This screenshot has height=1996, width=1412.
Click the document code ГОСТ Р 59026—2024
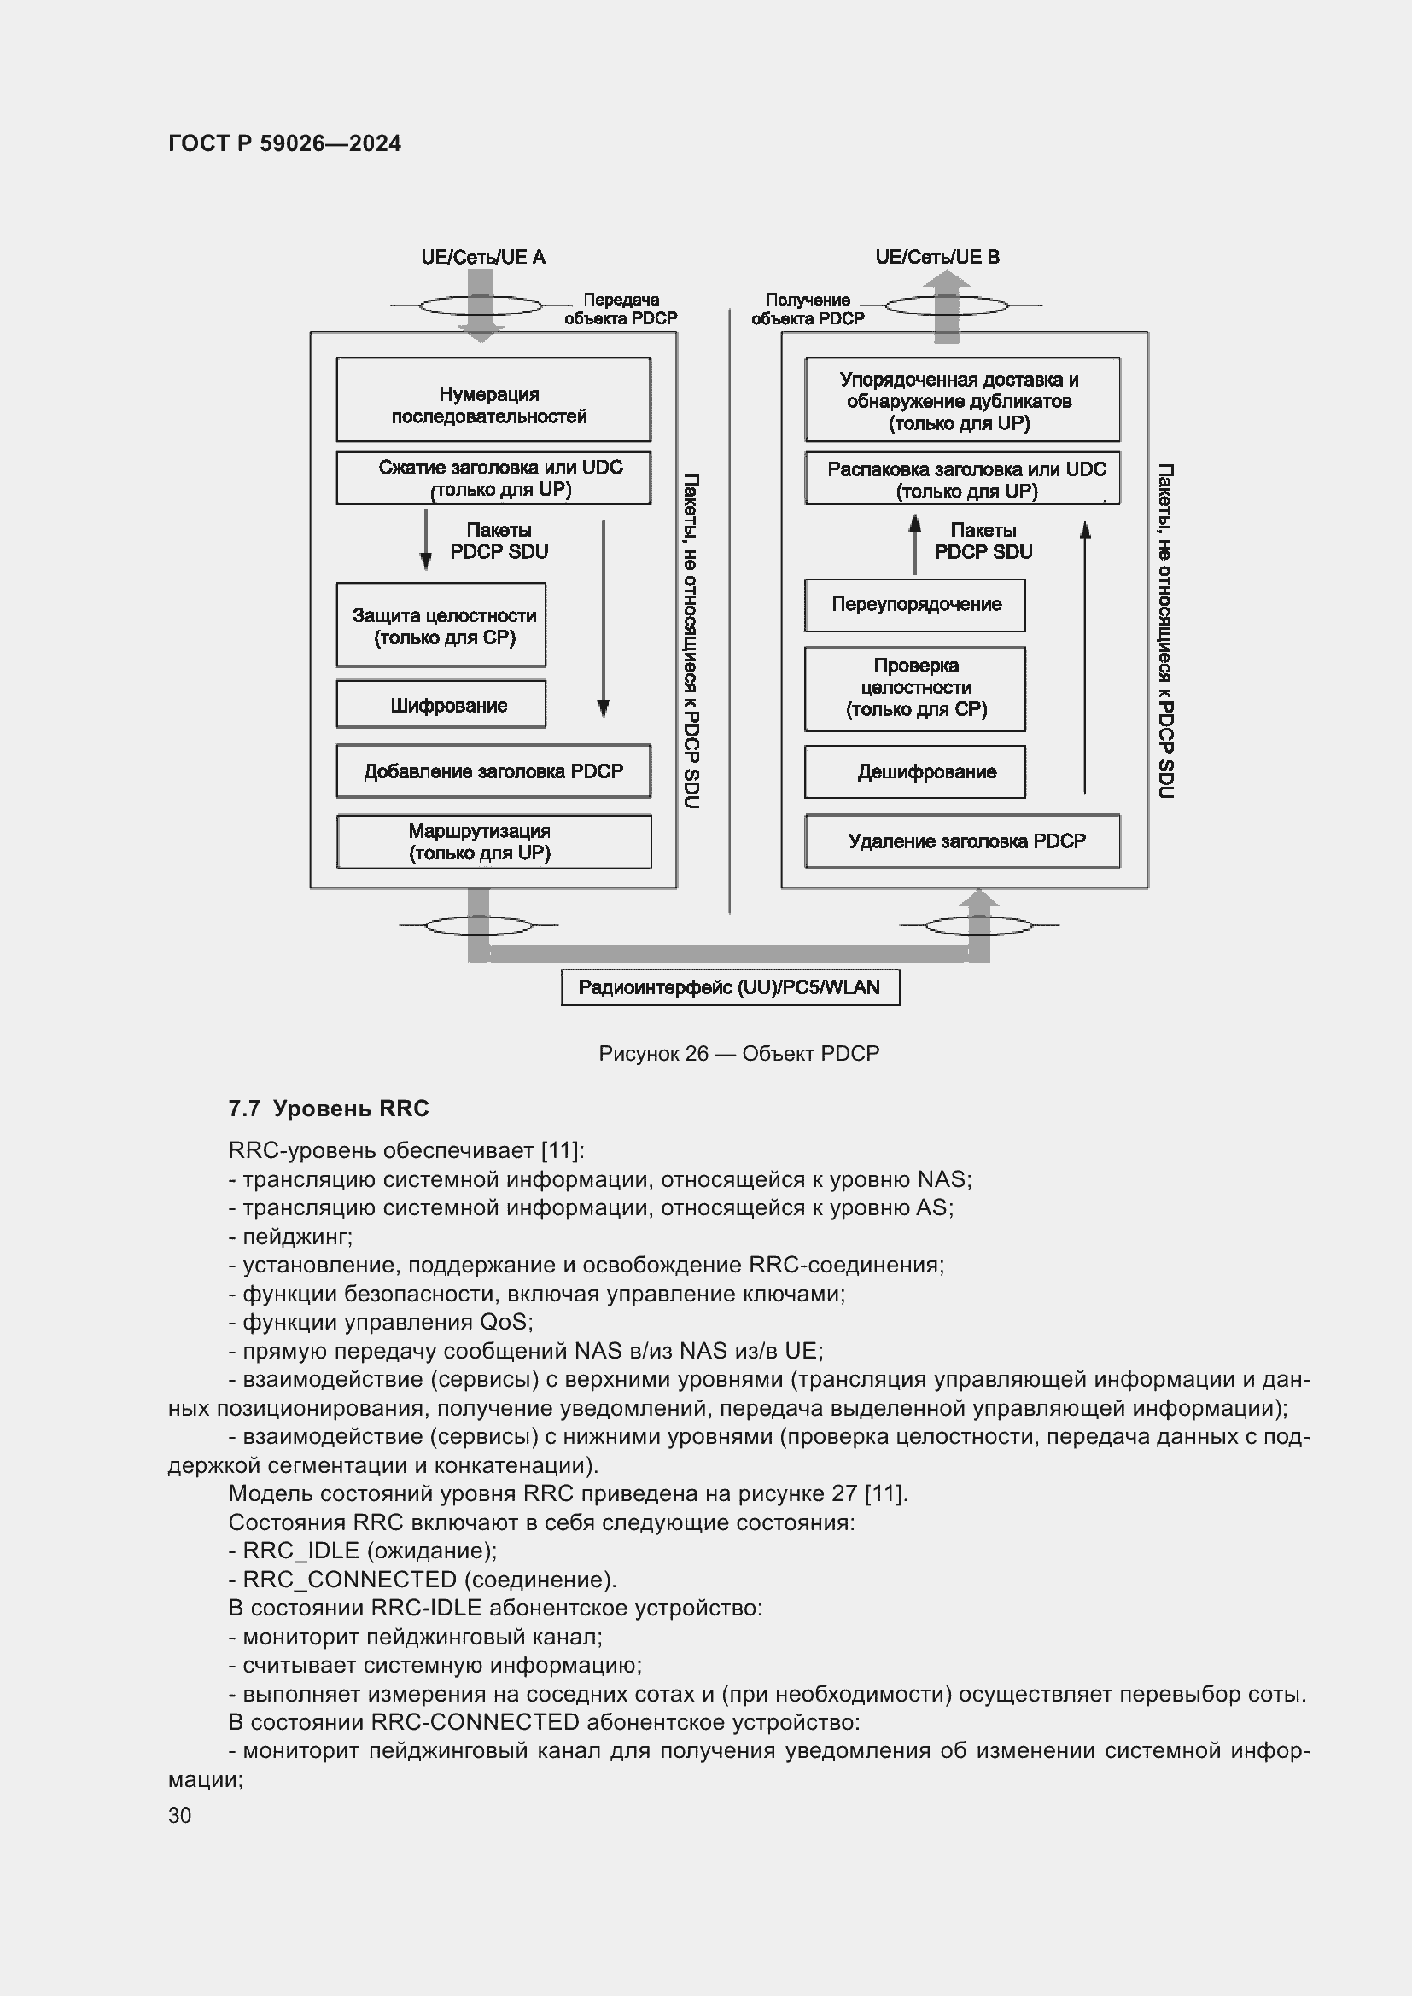[284, 143]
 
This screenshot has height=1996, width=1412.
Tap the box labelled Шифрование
[441, 704]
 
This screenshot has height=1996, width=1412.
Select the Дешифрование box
[914, 771]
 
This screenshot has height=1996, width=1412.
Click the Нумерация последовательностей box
[493, 400]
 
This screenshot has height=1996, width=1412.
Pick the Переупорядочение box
[914, 605]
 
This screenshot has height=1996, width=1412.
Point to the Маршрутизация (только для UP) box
[493, 841]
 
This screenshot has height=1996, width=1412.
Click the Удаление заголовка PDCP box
[961, 841]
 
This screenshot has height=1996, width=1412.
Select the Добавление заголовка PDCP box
[493, 771]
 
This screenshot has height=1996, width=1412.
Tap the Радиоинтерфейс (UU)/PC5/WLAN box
[729, 987]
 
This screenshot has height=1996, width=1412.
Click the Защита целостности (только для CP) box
[441, 625]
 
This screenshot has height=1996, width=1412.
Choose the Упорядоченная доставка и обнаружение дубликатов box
[961, 400]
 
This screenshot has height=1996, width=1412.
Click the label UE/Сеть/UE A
[482, 257]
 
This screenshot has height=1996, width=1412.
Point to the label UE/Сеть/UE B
[937, 257]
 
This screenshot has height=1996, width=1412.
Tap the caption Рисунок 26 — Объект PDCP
[739, 1054]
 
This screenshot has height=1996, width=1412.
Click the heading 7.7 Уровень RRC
[329, 1109]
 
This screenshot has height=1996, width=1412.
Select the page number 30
[180, 1815]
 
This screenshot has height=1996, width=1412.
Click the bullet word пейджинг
[296, 1237]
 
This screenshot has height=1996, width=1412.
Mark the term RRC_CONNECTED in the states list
[349, 1580]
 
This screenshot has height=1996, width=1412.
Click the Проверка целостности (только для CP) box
[914, 689]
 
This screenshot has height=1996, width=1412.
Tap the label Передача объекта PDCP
[620, 309]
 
